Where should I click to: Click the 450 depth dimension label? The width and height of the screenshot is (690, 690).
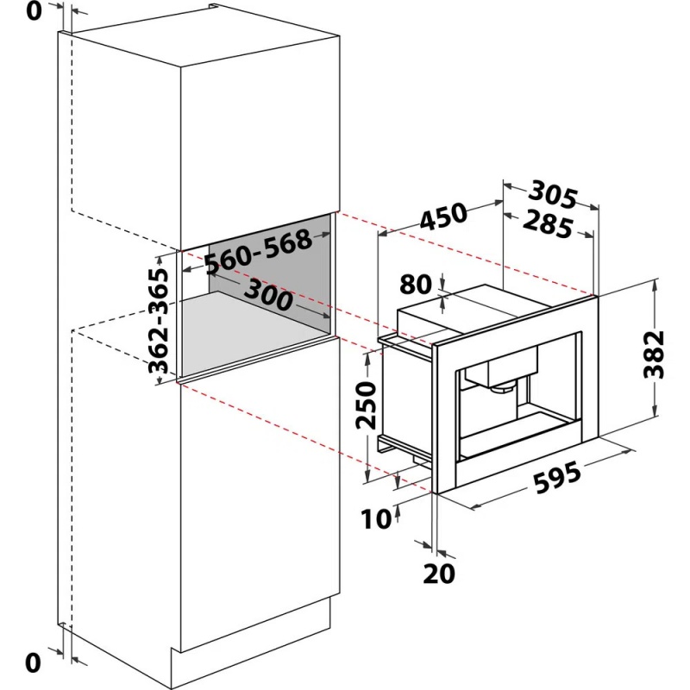442,216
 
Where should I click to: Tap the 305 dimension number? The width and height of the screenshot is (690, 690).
552,194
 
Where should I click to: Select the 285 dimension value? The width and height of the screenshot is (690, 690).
549,225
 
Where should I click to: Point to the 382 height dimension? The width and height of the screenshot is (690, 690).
653,354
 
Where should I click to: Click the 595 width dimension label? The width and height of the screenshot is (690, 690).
557,477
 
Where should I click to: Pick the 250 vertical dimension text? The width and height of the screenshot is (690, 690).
366,405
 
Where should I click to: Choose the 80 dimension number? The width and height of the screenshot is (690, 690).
416,285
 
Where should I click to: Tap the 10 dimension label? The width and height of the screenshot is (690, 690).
376,518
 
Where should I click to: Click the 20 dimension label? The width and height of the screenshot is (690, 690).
439,574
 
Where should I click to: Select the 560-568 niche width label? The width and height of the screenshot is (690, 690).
258,252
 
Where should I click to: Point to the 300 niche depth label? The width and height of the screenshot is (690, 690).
268,295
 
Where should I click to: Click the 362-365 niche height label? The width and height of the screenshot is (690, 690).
159,321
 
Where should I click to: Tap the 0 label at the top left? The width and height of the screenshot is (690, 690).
34,11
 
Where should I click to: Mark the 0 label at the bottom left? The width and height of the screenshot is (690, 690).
33,662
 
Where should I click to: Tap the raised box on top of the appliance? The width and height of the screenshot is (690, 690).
458,309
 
